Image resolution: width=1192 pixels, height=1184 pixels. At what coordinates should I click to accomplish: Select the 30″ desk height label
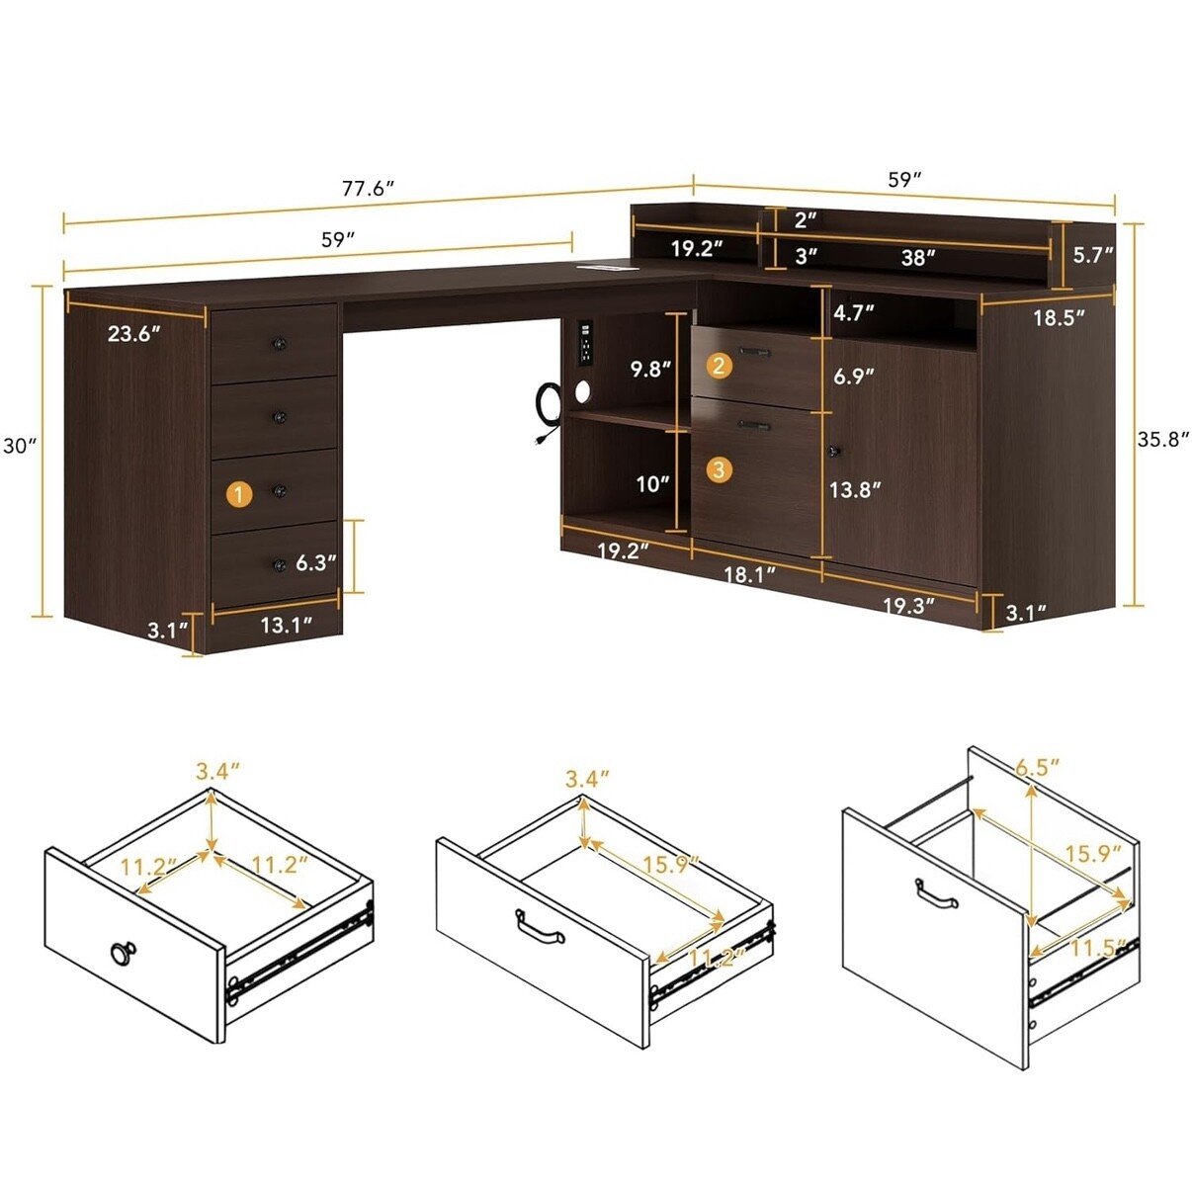(21, 445)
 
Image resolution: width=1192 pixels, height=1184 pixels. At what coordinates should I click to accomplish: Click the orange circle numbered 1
(239, 494)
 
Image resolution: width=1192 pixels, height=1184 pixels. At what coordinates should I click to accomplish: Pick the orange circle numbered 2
(719, 367)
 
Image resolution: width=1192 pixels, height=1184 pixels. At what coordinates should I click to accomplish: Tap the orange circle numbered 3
(719, 469)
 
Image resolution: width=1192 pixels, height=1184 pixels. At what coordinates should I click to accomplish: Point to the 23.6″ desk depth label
(134, 334)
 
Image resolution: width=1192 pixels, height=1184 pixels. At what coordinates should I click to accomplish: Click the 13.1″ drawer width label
(286, 625)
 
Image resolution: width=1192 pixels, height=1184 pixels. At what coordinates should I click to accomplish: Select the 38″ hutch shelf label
(918, 257)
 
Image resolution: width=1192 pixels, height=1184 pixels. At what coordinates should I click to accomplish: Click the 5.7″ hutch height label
(1092, 255)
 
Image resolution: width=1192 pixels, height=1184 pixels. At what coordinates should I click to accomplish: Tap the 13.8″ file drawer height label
(855, 490)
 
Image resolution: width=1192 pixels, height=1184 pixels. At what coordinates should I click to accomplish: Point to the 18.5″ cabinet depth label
(1059, 318)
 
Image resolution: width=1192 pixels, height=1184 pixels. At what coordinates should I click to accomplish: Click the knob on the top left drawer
(280, 343)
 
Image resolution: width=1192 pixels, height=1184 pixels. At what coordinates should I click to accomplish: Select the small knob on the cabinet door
(834, 452)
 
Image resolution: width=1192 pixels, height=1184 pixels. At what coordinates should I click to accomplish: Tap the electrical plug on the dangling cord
(538, 440)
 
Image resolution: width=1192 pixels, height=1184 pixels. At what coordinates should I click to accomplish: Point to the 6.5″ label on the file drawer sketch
(1038, 769)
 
